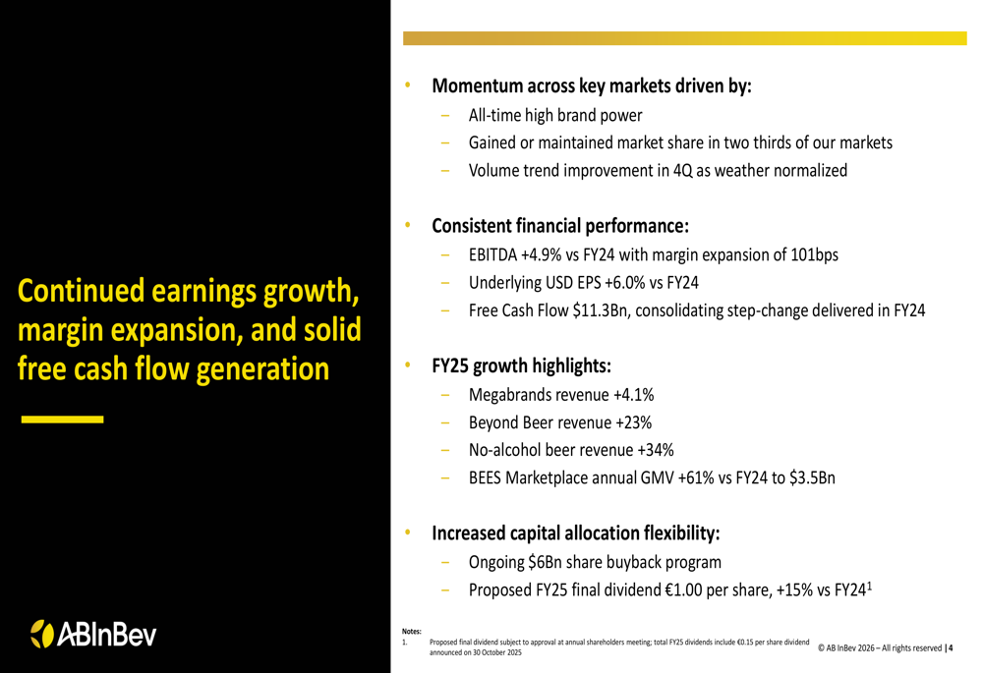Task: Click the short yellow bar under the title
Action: pyautogui.click(x=63, y=419)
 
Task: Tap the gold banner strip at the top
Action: pyautogui.click(x=684, y=37)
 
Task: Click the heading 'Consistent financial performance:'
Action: pyautogui.click(x=560, y=226)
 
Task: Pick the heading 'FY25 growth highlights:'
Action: pyautogui.click(x=521, y=366)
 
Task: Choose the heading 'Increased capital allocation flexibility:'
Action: pyautogui.click(x=576, y=534)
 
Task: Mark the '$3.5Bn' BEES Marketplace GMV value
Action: pyautogui.click(x=812, y=480)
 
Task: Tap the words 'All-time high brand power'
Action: pyautogui.click(x=555, y=114)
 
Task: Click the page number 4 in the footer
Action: pyautogui.click(x=951, y=647)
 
